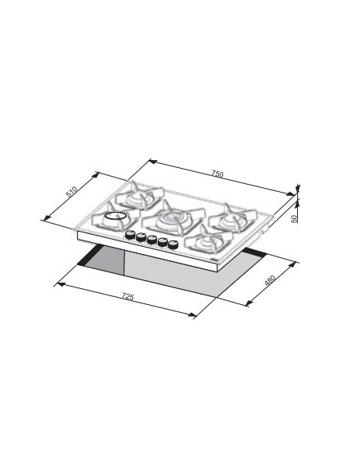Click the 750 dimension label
(x=217, y=174)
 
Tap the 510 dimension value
(x=72, y=192)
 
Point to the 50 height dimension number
(x=294, y=219)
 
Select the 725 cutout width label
(x=127, y=296)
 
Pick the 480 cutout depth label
(x=270, y=280)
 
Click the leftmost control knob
(x=130, y=235)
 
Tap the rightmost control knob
(x=173, y=245)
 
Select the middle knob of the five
(x=151, y=240)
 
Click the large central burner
(x=174, y=219)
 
